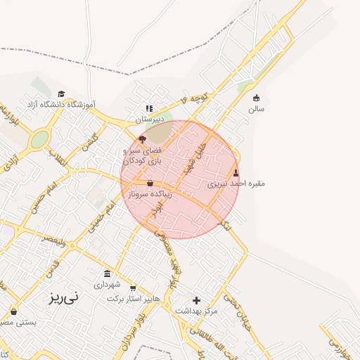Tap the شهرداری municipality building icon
107,274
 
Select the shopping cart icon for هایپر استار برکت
133,289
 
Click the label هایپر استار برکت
134,299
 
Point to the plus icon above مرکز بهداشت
197,301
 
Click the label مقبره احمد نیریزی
236,184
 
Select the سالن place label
256,109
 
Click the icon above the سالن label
256,98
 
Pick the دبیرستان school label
149,120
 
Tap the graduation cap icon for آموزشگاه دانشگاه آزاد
61,94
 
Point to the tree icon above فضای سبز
142,139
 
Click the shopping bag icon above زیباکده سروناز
150,183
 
